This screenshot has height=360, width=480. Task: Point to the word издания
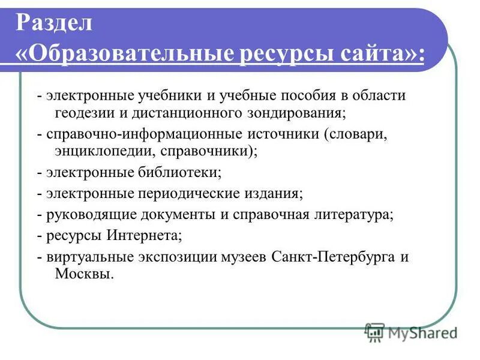(x=276, y=194)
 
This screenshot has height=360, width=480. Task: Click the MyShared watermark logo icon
(x=375, y=332)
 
